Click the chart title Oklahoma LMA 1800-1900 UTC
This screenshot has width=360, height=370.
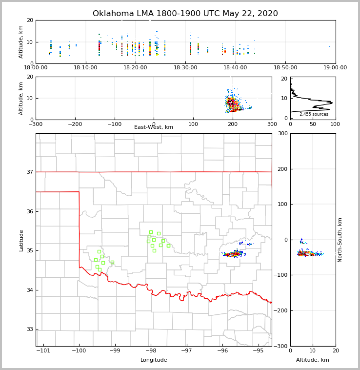pos(185,14)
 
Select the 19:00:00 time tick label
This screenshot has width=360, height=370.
pos(335,68)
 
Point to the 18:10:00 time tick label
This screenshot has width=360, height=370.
pos(86,68)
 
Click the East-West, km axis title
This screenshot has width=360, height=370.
pos(154,127)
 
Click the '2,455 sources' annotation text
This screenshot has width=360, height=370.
pos(314,114)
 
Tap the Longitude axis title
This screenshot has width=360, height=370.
pos(154,360)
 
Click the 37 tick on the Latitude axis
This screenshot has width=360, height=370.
pos(30,172)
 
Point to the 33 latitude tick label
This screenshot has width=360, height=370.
pos(30,329)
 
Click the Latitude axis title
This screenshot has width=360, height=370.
pos(21,240)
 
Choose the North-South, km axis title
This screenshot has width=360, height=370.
pos(340,240)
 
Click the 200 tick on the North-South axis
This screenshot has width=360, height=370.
pos(281,169)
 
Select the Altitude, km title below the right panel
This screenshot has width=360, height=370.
pos(313,360)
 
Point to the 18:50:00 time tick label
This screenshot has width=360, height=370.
pos(285,68)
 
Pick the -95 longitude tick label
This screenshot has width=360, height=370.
pos(259,350)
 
